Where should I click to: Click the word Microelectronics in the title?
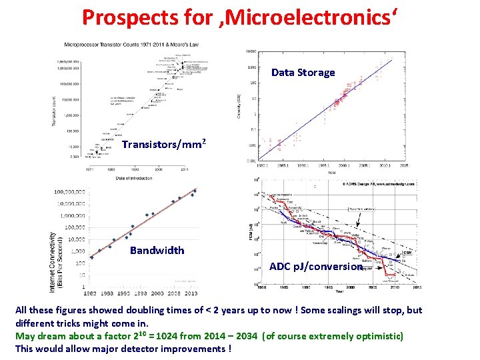tap(313, 19)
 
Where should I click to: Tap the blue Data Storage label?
tap(303, 72)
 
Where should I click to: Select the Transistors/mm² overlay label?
tap(163, 144)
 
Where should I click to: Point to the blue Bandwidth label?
tap(157, 250)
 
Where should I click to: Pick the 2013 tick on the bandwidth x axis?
tap(191, 293)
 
